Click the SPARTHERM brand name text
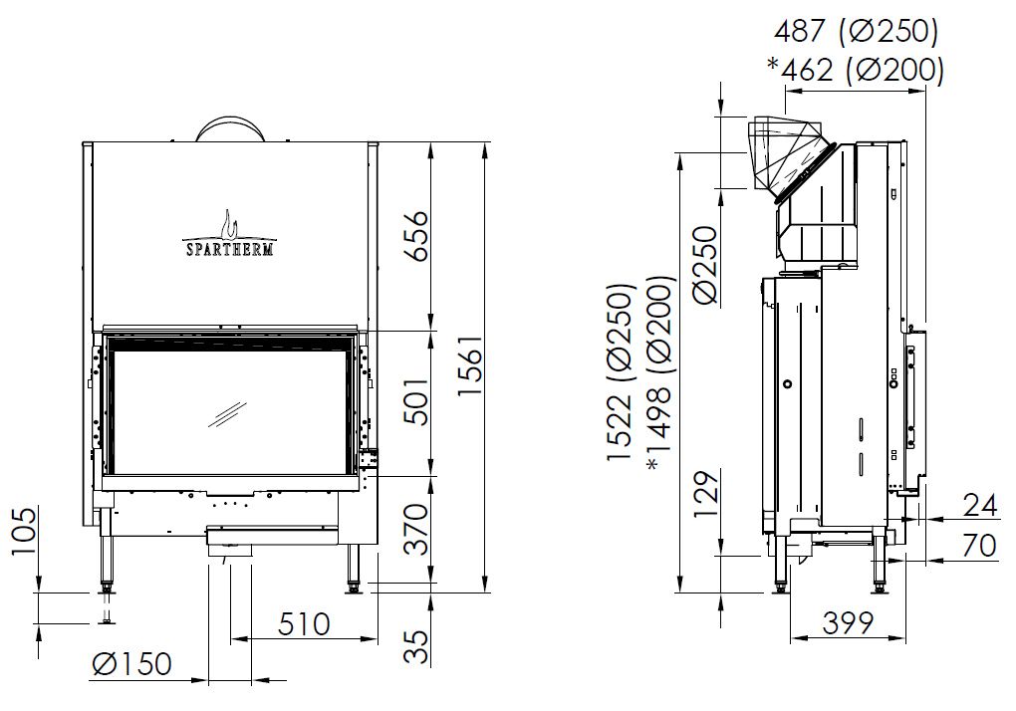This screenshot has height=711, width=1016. coord(230,249)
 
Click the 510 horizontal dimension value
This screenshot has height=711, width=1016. coord(305,624)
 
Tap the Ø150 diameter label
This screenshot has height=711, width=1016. coord(132,664)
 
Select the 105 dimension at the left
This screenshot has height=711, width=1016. coord(25,531)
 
